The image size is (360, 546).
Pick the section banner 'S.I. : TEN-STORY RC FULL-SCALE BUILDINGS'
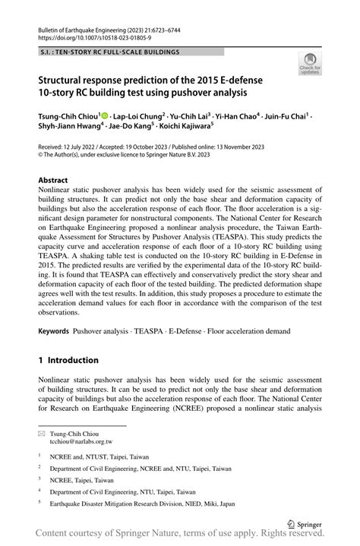110,52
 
